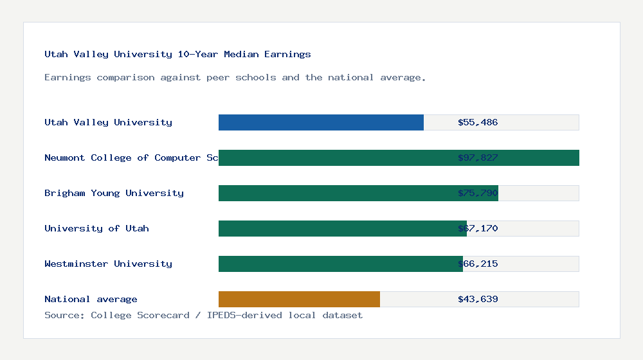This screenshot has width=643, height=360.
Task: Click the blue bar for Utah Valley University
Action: [x=321, y=122]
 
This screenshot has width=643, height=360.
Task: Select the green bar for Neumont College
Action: [x=334, y=157]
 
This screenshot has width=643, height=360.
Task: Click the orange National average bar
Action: [x=299, y=299]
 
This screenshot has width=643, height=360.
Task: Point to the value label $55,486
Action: [x=478, y=122]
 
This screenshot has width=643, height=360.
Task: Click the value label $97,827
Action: [x=478, y=157]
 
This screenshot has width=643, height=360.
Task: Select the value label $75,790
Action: [x=478, y=193]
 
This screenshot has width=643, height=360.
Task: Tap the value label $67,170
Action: [x=478, y=228]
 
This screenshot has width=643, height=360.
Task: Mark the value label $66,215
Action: [x=478, y=264]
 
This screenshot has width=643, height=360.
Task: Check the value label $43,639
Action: [x=478, y=299]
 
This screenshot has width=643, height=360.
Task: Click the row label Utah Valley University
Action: [x=108, y=122]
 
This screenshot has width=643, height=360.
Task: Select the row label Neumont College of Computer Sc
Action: [x=131, y=157]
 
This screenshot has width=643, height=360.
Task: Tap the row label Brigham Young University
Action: [x=114, y=193]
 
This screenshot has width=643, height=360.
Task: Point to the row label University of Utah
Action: [x=96, y=228]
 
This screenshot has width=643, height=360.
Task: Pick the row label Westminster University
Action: [x=108, y=264]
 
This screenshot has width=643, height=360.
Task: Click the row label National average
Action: [x=91, y=299]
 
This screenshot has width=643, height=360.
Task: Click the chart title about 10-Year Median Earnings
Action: [x=177, y=55]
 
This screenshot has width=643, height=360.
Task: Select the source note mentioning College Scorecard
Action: [x=203, y=315]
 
